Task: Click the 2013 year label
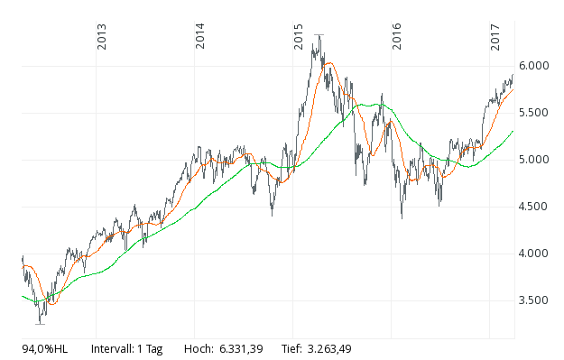click(102, 38)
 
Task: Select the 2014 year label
click(200, 38)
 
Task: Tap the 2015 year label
click(299, 38)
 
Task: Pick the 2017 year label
click(495, 38)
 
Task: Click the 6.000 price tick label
click(537, 66)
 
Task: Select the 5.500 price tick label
click(537, 113)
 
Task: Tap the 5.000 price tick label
click(537, 160)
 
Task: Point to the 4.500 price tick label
click(537, 207)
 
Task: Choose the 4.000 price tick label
click(537, 254)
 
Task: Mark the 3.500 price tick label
click(537, 300)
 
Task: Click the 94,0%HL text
click(45, 348)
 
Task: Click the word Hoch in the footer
click(198, 348)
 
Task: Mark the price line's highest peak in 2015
click(318, 35)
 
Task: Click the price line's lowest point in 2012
click(40, 322)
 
